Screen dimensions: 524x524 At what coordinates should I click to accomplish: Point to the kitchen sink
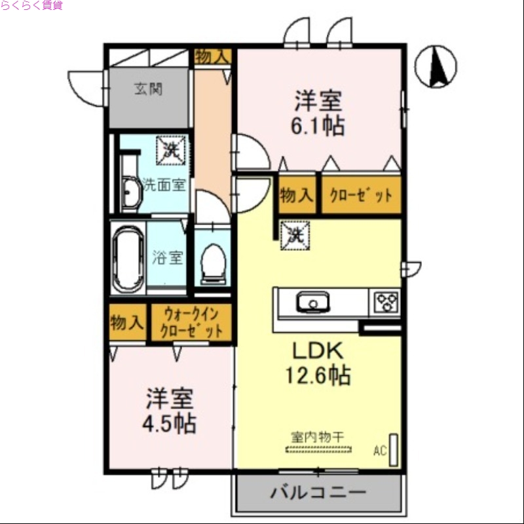[x=312, y=303]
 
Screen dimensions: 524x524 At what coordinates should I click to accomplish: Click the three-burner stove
[x=386, y=302]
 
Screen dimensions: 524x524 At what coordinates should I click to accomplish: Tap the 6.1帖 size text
[x=318, y=124]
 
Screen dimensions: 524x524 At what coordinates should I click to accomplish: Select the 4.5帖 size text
[x=169, y=422]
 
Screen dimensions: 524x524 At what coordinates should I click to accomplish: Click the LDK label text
[x=317, y=352]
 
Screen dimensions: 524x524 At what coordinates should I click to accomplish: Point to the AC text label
[x=380, y=451]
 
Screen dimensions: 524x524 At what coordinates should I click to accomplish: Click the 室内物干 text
[x=318, y=435]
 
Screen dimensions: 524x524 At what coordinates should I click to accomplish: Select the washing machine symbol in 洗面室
[x=173, y=149]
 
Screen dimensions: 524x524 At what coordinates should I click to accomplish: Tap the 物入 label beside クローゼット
[x=297, y=195]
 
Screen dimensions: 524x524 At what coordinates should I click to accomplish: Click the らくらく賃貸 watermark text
[x=31, y=6]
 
